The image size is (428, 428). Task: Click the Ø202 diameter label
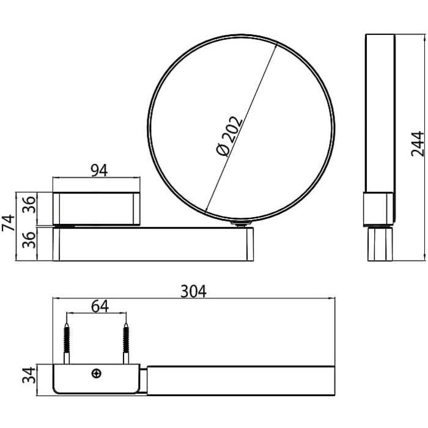coord(229,136)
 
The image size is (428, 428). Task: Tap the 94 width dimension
coord(99,171)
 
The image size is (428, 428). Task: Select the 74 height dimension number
coord(8,223)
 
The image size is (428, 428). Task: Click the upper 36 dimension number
coord(29,205)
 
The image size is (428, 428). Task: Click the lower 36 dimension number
coord(29,240)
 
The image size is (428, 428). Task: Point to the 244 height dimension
coord(418,144)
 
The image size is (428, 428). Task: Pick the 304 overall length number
coord(194,291)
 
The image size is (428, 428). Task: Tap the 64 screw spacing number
coord(100,306)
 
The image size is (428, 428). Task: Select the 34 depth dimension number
coord(29,375)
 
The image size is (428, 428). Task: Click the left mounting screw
coord(67,343)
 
